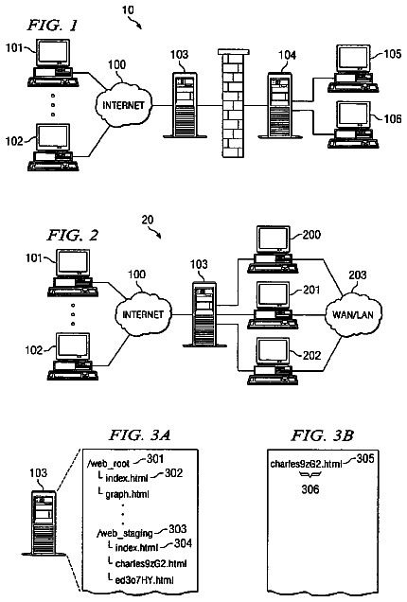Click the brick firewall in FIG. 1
(233, 103)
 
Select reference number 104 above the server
(287, 55)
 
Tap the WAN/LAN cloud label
(352, 315)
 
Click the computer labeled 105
(353, 69)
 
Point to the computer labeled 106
(353, 125)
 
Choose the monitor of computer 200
(274, 239)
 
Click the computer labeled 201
(273, 306)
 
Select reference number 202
(311, 355)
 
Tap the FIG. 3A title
(140, 435)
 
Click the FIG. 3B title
(322, 435)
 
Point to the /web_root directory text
(108, 464)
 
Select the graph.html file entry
(127, 494)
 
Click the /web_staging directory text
(125, 533)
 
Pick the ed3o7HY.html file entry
(145, 579)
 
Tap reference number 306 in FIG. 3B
(310, 489)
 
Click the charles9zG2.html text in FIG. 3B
(306, 464)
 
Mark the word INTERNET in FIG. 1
(123, 105)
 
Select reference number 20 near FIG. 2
(148, 220)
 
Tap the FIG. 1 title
(52, 26)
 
